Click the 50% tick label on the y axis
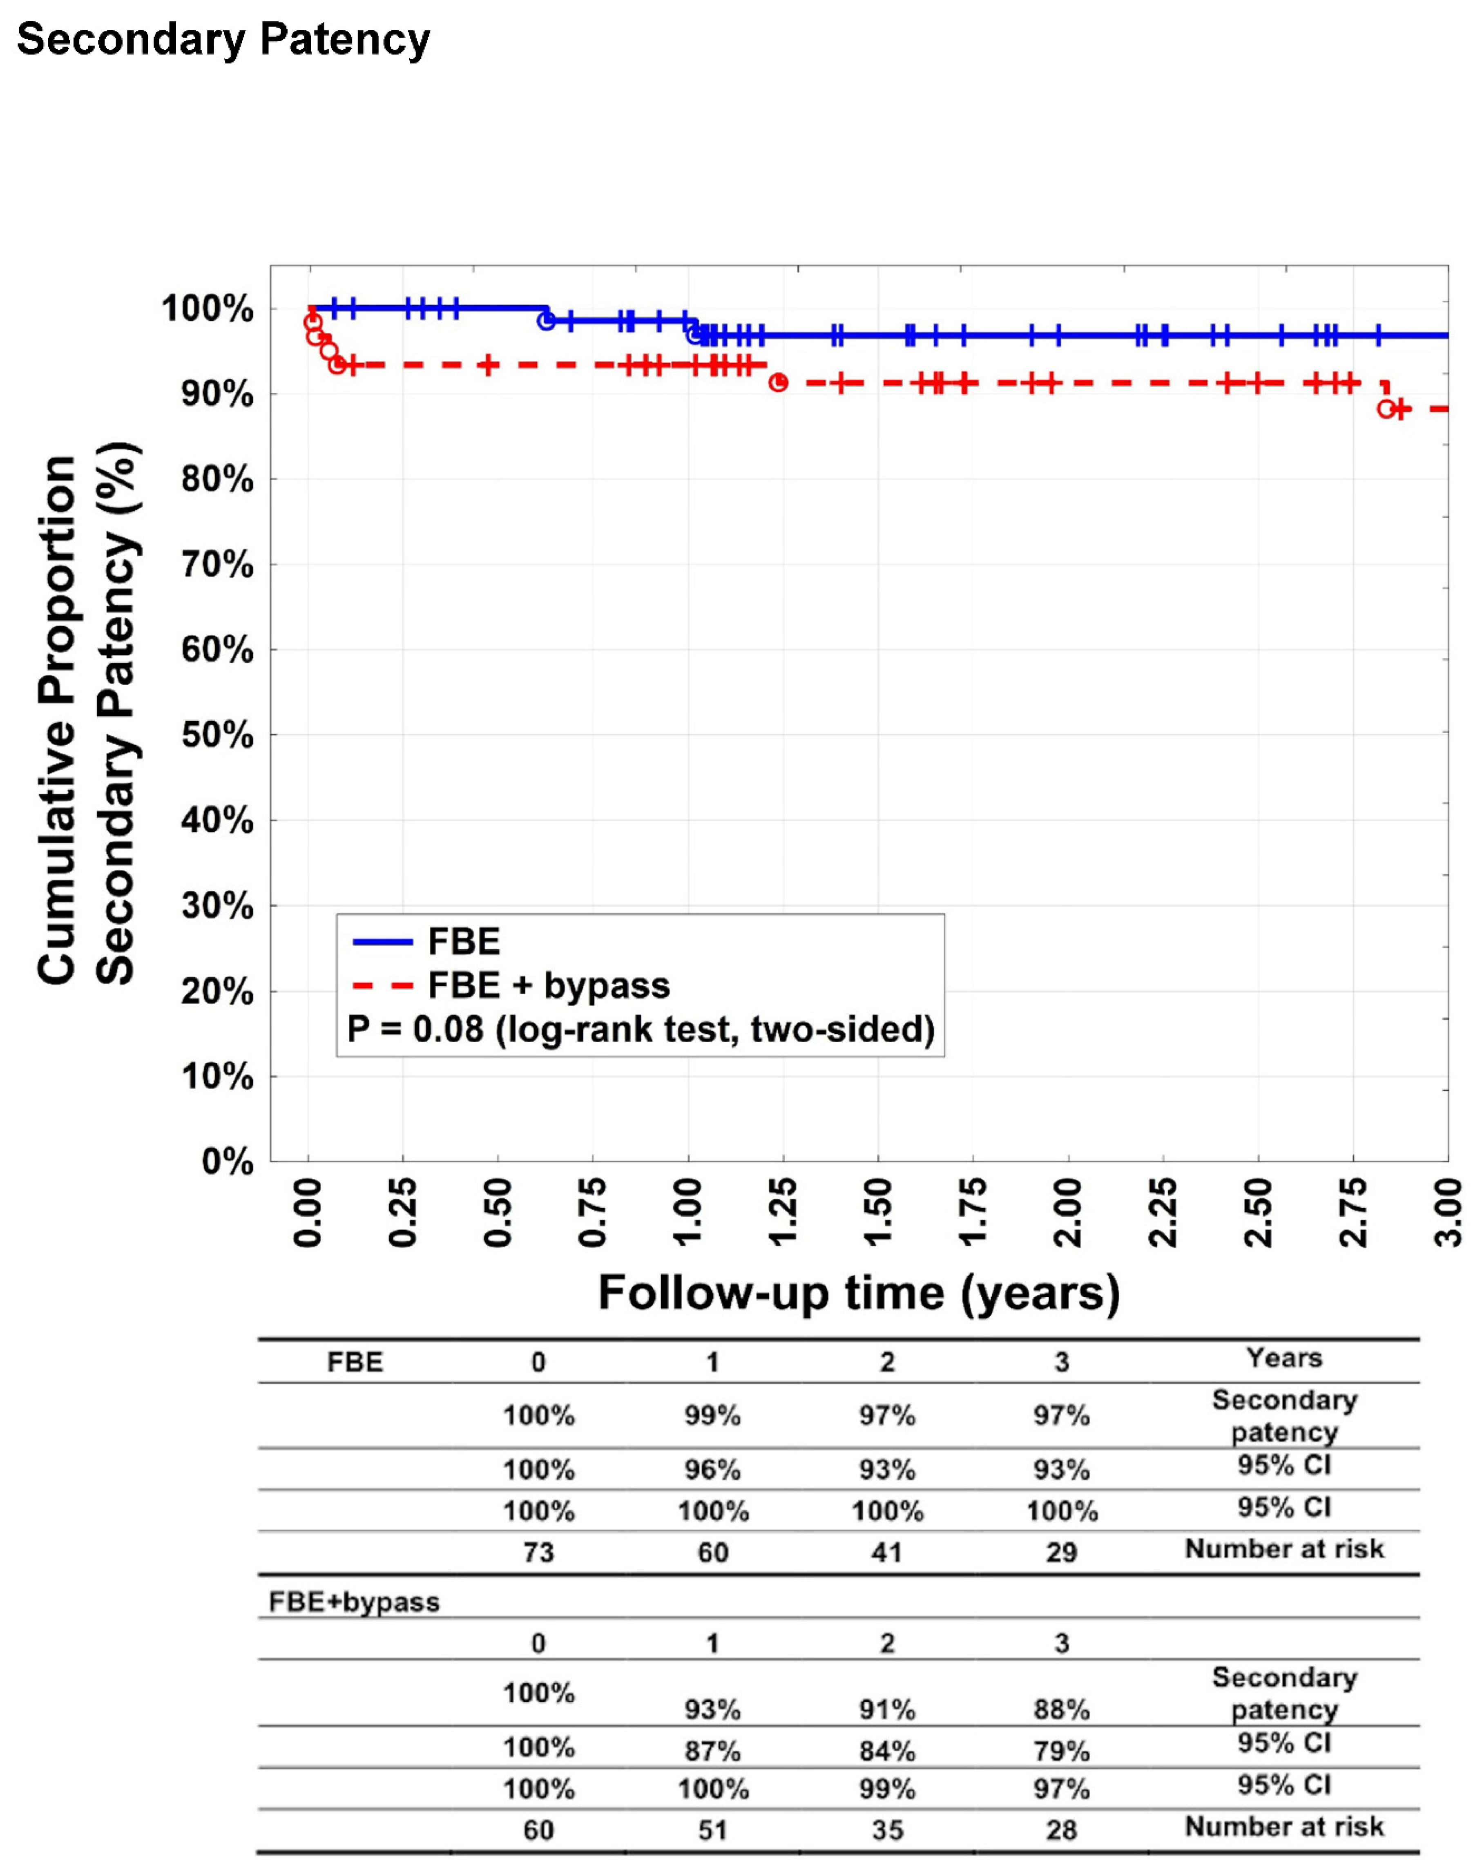pyautogui.click(x=217, y=736)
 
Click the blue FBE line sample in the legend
pyautogui.click(x=383, y=942)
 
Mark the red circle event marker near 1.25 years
pyautogui.click(x=778, y=382)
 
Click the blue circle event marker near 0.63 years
pyautogui.click(x=546, y=321)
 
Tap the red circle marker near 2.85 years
pyautogui.click(x=1386, y=409)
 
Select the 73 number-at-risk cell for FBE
pyautogui.click(x=538, y=1553)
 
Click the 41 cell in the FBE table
pyautogui.click(x=886, y=1553)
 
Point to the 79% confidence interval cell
pyautogui.click(x=1062, y=1751)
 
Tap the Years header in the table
pyautogui.click(x=1284, y=1358)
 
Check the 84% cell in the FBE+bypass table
pyautogui.click(x=886, y=1751)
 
